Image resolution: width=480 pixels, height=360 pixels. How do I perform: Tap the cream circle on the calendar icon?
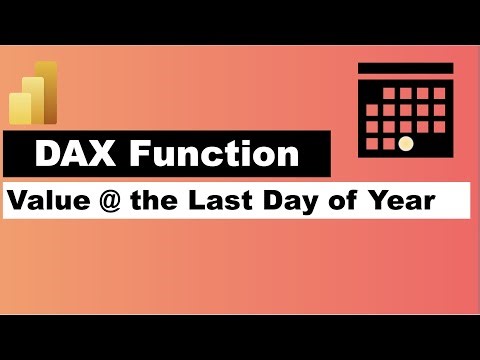(405, 143)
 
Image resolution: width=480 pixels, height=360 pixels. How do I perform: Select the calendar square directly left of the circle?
(388, 143)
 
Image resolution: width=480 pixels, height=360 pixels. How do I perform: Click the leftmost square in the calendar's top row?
(388, 92)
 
